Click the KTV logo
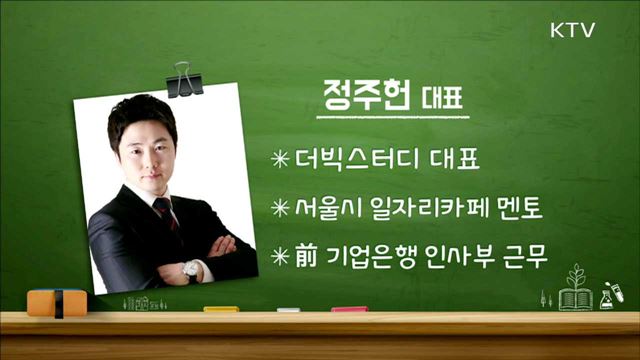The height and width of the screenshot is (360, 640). click(572, 30)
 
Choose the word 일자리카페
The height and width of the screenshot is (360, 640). click(430, 209)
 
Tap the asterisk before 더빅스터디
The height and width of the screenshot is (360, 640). click(280, 158)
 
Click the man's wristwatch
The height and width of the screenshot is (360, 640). click(188, 267)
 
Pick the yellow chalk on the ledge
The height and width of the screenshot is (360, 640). click(221, 309)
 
